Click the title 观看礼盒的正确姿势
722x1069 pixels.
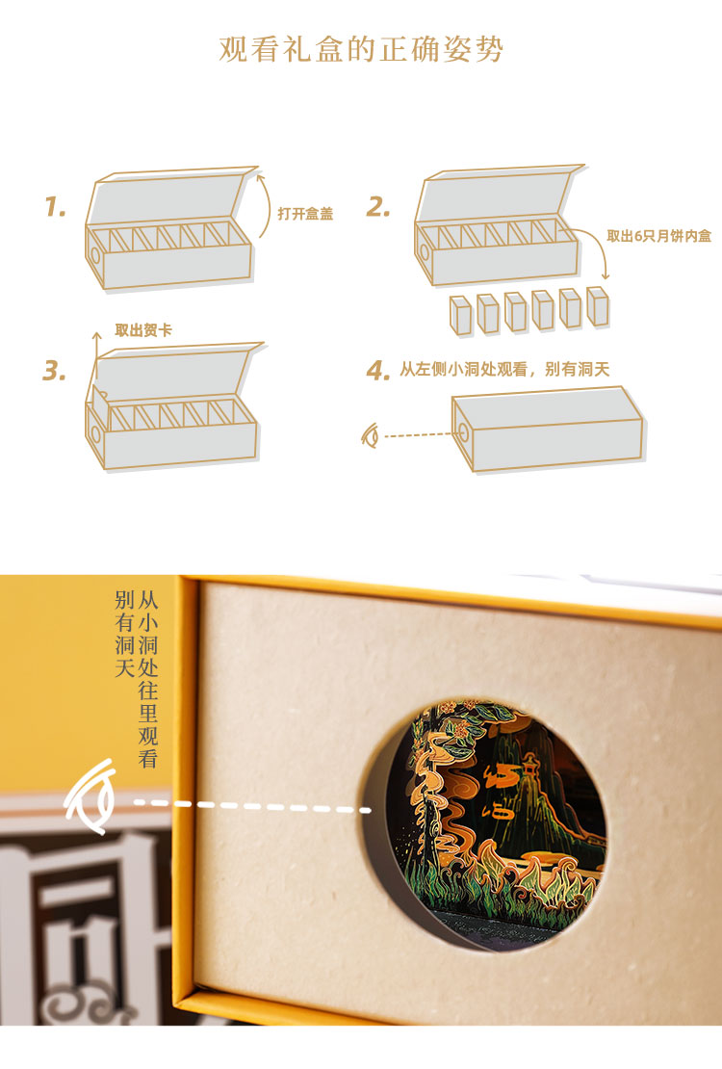click(x=361, y=49)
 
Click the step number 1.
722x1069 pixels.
click(x=55, y=206)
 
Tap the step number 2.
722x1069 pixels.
click(x=377, y=206)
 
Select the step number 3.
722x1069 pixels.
click(x=54, y=370)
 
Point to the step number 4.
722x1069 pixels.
click(x=377, y=370)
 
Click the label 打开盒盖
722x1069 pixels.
click(x=305, y=214)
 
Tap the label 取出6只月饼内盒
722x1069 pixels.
click(x=658, y=236)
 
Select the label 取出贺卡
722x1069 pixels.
click(x=143, y=330)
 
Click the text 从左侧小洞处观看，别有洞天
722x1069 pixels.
click(x=504, y=370)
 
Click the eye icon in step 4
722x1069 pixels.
click(x=371, y=435)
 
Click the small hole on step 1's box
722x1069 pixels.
click(x=94, y=255)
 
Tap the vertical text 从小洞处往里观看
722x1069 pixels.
click(x=148, y=679)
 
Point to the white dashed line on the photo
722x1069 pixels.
click(x=252, y=806)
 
